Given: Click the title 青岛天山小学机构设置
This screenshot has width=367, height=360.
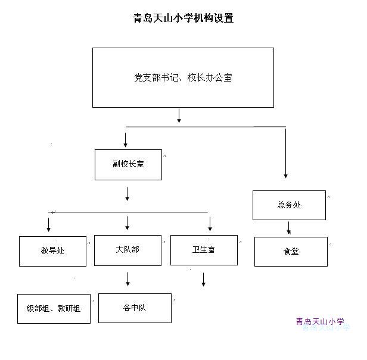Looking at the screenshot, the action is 183,18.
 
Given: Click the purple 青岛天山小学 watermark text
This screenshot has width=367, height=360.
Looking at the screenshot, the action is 320,322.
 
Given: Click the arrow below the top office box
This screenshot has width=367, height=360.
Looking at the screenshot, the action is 179,115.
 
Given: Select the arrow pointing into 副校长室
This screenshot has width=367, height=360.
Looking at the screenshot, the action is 126,140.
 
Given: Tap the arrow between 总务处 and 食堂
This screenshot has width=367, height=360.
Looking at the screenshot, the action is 289,228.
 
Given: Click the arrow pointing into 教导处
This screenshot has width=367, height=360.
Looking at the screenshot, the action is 48,225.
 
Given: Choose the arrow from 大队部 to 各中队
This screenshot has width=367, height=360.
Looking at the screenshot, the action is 127,279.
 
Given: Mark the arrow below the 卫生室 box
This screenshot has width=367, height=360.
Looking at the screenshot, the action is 203,280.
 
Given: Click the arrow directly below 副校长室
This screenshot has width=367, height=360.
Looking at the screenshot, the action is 127,194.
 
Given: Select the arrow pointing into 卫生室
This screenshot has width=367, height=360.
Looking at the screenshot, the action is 210,224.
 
